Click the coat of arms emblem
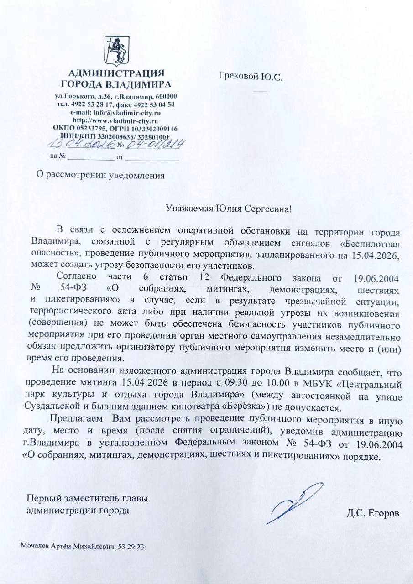click(116, 51)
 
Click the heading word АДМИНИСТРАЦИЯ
click(116, 73)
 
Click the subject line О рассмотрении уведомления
click(100, 174)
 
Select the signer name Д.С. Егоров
click(373, 514)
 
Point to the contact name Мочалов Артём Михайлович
click(68, 546)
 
